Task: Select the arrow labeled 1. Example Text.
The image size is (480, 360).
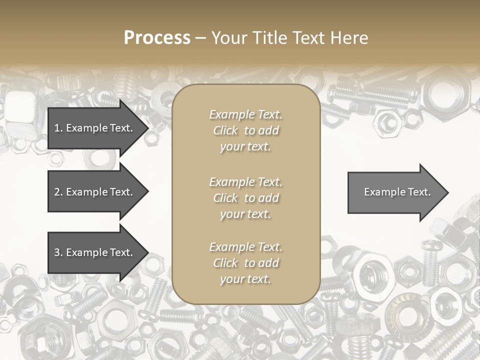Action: (x=95, y=128)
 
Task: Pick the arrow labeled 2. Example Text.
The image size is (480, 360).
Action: (x=95, y=192)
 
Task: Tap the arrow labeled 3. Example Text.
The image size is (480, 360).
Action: (x=95, y=252)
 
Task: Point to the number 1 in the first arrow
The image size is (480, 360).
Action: (x=56, y=128)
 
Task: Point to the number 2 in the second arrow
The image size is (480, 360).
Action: (x=56, y=192)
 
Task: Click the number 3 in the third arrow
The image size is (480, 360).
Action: (x=56, y=252)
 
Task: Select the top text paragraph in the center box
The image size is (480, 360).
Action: (x=245, y=130)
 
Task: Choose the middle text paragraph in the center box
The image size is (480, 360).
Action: (x=245, y=198)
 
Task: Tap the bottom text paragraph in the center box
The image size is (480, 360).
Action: (x=245, y=263)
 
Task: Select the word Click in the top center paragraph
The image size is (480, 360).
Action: (x=225, y=130)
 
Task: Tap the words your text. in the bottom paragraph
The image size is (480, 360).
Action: (x=245, y=279)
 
